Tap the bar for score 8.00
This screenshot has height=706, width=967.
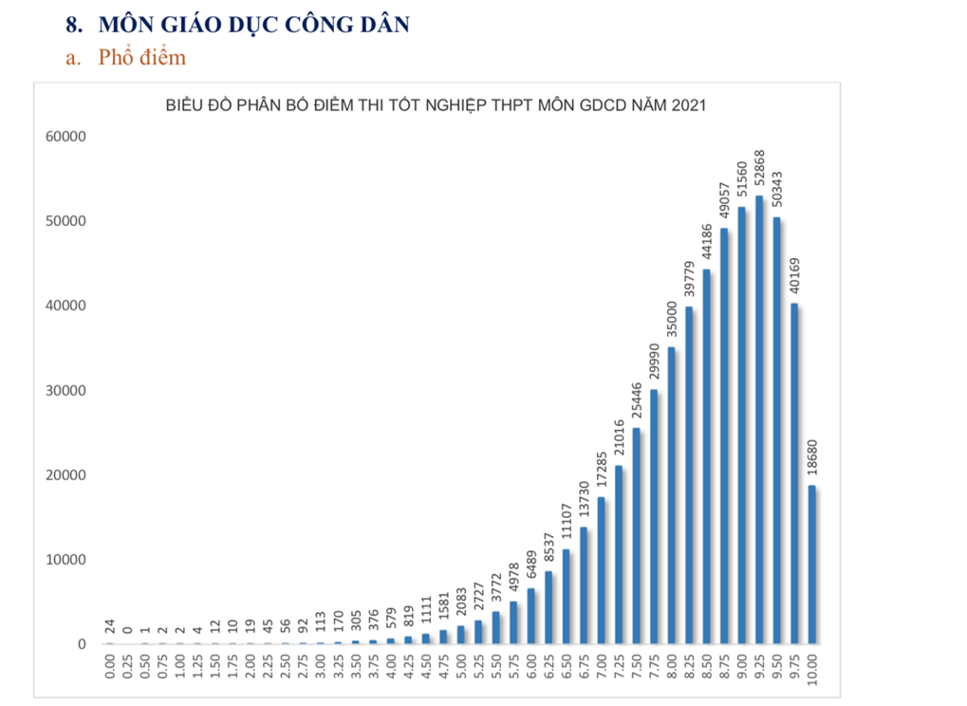672,495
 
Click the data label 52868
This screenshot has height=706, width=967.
759,171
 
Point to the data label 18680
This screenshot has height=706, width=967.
812,462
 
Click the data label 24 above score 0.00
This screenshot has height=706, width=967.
110,626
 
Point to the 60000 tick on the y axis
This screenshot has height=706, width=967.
66,137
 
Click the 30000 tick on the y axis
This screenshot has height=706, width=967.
66,391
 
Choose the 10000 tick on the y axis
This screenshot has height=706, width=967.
66,560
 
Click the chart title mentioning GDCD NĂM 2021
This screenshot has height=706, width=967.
436,104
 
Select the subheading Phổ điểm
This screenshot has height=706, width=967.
141,58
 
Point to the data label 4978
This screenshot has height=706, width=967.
513,578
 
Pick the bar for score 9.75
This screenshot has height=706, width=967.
795,474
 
